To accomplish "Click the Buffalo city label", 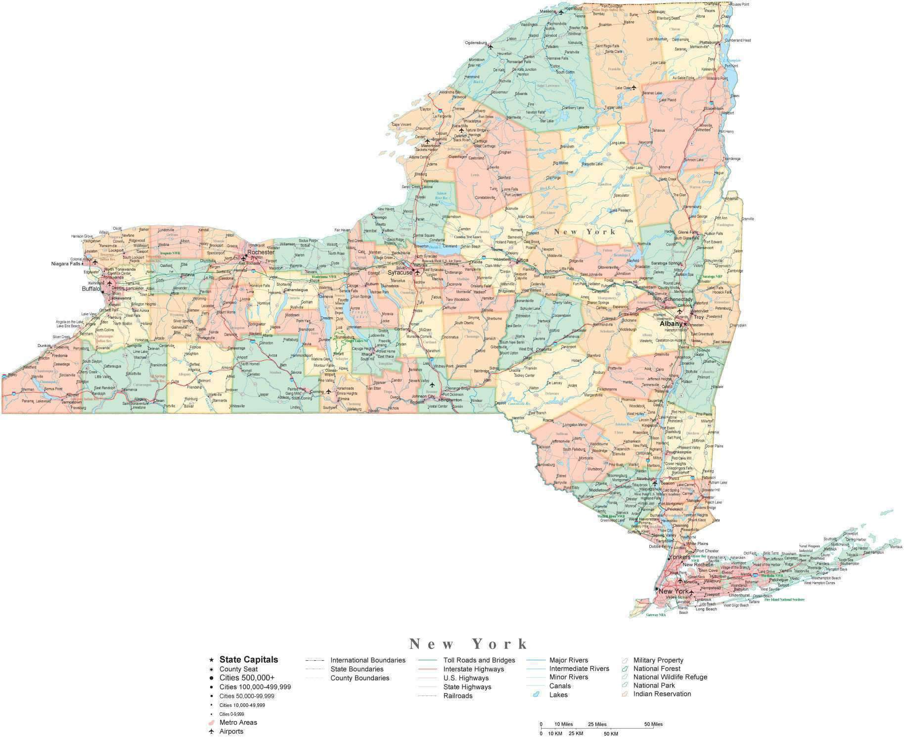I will (x=91, y=289).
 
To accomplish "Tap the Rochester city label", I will (x=261, y=252).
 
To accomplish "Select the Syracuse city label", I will (x=400, y=272).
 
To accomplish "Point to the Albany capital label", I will (x=671, y=324).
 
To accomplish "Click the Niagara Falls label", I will (x=66, y=264).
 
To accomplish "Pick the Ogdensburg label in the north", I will (x=476, y=43).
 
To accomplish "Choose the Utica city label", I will (x=523, y=260).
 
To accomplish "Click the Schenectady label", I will (x=678, y=299).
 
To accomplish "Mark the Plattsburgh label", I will (x=710, y=43).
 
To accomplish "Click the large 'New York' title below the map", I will (x=468, y=644).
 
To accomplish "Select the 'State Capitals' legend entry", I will (x=249, y=659).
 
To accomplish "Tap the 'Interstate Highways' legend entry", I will (x=473, y=669).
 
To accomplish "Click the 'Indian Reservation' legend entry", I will (x=662, y=694).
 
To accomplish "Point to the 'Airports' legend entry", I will (x=231, y=731).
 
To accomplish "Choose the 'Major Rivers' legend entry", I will (x=569, y=660).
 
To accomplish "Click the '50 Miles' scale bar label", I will (x=653, y=724).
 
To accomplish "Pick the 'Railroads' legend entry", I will (x=458, y=696).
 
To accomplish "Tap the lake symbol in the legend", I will (x=535, y=695).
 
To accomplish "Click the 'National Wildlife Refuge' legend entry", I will (x=670, y=677).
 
